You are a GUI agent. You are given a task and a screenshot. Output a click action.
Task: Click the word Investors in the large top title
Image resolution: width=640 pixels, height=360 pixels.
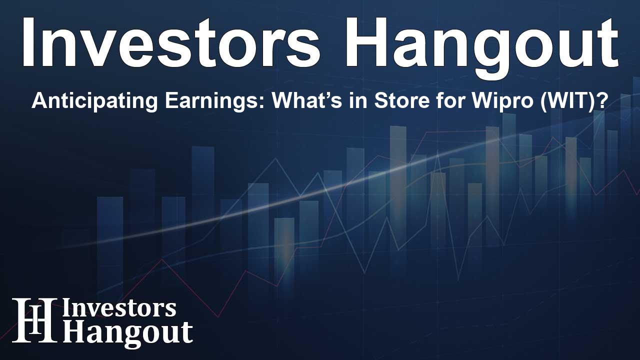point(170,42)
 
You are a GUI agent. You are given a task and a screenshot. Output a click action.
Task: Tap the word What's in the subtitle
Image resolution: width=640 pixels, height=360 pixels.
point(306,100)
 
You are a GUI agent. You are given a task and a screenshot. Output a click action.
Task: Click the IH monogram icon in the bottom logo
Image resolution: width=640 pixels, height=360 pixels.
point(34,319)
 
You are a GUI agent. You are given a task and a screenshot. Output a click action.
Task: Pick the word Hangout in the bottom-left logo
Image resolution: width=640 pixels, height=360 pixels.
point(127,333)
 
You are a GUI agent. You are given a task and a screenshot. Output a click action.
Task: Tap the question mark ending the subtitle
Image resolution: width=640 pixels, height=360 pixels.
point(601,100)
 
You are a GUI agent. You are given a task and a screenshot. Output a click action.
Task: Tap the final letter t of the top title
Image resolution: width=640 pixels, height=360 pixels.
point(606,44)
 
